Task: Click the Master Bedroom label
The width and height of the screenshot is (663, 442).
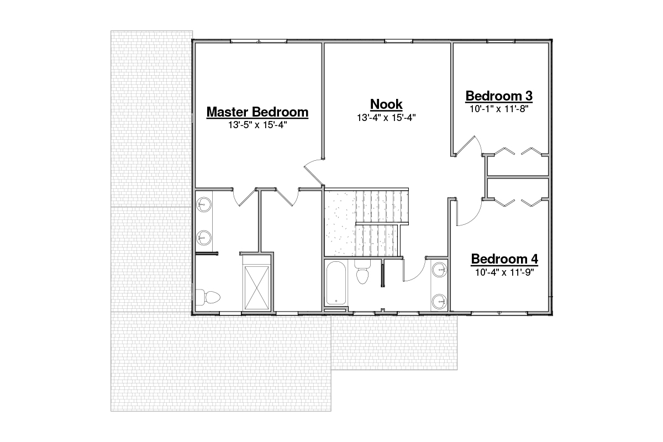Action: (257, 112)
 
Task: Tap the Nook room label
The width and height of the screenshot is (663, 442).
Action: (386, 104)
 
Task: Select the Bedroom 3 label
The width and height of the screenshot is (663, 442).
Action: (499, 96)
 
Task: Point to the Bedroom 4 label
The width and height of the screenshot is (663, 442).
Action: (504, 259)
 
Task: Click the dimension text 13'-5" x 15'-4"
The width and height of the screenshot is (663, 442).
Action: (257, 125)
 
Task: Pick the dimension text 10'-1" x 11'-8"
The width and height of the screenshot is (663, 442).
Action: (499, 109)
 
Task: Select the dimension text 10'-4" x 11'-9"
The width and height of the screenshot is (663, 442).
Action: (504, 272)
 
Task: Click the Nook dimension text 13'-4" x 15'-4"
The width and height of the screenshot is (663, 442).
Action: (386, 118)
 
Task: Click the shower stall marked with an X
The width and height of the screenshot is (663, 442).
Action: (257, 288)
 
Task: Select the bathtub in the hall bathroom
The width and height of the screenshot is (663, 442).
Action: (336, 283)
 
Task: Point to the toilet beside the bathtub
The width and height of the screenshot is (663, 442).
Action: (362, 272)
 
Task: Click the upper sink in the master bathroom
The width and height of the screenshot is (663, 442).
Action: (204, 204)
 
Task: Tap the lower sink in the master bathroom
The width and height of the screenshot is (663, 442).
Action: (204, 238)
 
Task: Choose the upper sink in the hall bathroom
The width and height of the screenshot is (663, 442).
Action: (440, 270)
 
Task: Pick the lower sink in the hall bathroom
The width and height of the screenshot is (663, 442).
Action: (440, 302)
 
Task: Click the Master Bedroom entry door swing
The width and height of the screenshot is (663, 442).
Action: (314, 173)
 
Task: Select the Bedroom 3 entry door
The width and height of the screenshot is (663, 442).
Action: (467, 146)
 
